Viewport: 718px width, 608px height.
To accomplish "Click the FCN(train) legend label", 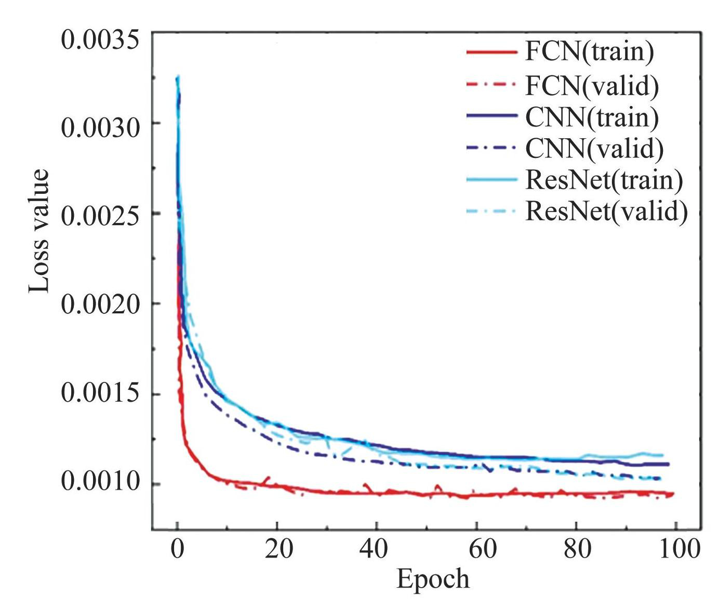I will click(589, 52).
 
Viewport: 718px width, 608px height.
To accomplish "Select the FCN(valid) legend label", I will click(592, 85).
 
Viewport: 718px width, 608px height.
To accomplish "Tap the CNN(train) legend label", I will click(592, 117).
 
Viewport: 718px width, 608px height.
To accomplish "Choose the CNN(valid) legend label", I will click(594, 149).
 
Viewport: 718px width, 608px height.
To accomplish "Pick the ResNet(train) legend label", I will click(604, 180).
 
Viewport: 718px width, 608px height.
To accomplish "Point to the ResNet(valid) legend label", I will click(606, 211).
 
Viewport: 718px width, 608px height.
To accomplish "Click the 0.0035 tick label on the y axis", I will click(100, 40).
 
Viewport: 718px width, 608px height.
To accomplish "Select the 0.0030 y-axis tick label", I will click(100, 128).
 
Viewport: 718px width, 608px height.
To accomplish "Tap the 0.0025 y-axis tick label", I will click(100, 216).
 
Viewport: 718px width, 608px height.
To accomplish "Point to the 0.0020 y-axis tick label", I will click(100, 304).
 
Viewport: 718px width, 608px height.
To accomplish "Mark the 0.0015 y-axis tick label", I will click(100, 393).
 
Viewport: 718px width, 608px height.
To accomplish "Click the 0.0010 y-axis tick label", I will click(100, 482).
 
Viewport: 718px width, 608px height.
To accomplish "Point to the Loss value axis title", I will click(39, 231).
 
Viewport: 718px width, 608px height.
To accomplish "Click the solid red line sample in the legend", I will click(491, 52).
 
